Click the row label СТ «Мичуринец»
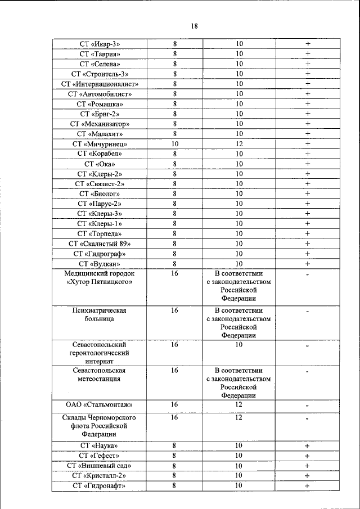tap(100, 144)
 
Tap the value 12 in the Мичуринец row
tap(239, 144)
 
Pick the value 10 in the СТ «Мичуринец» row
tap(175, 144)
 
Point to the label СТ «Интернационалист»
tap(100, 84)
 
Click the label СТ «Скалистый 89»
tap(100, 244)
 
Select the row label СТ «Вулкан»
tap(100, 263)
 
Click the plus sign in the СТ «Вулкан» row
tap(308, 263)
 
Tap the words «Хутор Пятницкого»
tap(100, 282)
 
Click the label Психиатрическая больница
tap(100, 314)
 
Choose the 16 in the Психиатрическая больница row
tap(175, 310)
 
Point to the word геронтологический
tap(100, 353)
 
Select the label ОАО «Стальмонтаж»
tap(100, 405)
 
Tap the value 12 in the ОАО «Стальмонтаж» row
tap(239, 405)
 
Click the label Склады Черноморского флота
tap(100, 426)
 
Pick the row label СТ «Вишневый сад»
tap(100, 466)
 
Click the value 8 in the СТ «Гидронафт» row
tap(175, 485)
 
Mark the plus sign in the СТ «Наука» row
tap(308, 446)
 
